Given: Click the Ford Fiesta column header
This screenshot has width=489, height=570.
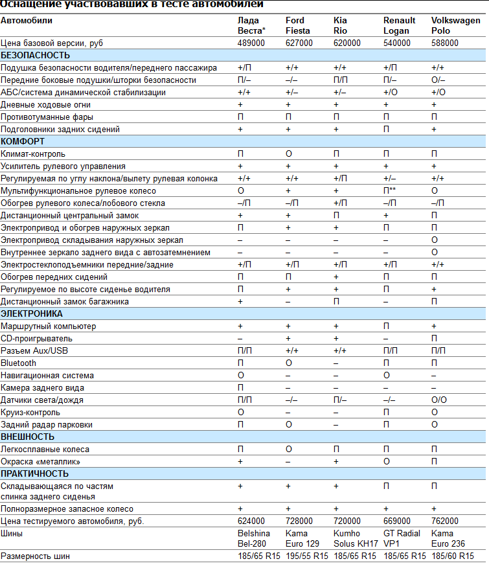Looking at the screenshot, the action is point(298,25).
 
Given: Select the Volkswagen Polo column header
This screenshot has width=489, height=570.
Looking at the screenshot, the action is point(455,25).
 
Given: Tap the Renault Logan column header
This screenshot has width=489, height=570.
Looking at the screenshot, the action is point(399,25).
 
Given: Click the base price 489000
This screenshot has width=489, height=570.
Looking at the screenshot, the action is point(251,43).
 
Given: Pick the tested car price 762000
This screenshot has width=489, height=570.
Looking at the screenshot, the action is point(445,521).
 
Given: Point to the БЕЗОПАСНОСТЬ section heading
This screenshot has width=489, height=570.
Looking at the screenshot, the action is point(35,55).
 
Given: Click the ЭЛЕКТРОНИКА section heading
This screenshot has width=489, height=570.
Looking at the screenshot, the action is point(32,313).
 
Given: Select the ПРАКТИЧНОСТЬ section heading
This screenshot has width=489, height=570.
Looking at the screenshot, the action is point(34,473).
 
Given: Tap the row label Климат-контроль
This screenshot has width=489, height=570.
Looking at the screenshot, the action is point(33,154).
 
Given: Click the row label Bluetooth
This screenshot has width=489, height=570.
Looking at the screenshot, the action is point(18,363).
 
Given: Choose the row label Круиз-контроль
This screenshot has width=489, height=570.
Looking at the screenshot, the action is point(30,413).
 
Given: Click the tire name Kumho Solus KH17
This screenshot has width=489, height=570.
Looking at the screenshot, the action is point(356,538).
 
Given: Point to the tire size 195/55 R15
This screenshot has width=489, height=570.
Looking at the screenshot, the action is point(307,556).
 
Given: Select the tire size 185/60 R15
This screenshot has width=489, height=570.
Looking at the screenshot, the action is point(452,556).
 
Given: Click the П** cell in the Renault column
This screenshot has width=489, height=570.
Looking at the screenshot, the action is point(389,190).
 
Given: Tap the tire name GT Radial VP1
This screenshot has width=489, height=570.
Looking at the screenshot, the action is point(402,538).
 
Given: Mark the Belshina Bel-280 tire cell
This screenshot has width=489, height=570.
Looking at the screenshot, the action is point(254,538).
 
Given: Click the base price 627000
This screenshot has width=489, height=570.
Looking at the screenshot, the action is point(299,43).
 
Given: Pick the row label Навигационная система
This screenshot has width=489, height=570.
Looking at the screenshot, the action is point(47,376).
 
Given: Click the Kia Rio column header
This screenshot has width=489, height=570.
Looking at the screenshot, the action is point(340,25).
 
